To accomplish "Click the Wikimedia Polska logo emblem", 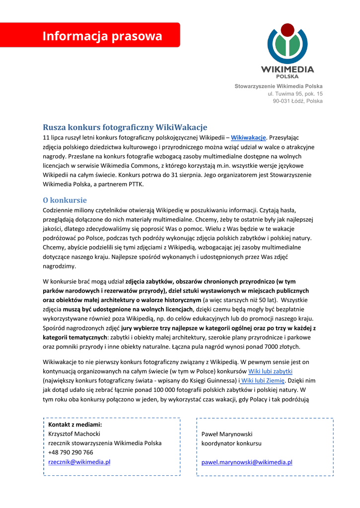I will [288, 45].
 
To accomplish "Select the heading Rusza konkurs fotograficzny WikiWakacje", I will [125, 127].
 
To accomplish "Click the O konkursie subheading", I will [65, 200].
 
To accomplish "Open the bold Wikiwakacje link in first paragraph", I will [249, 137].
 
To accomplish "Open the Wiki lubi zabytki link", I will [270, 371].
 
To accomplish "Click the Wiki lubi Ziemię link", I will [263, 381].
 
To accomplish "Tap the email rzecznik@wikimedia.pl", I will [79, 461].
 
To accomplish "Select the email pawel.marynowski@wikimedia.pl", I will [247, 462].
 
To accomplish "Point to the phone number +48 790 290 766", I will [71, 452].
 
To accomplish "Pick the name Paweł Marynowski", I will [227, 434].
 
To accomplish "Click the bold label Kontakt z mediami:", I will [75, 424].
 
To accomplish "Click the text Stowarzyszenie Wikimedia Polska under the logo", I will [279, 86].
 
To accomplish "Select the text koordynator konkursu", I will [231, 444].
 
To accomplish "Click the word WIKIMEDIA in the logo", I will [288, 69].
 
